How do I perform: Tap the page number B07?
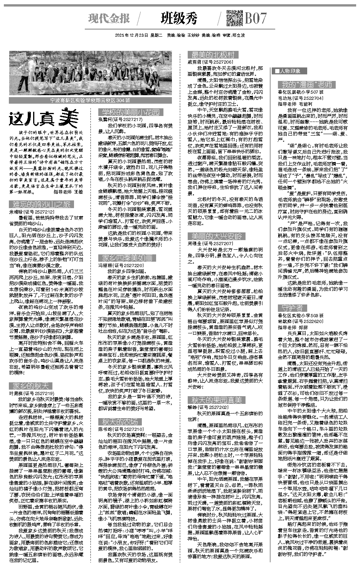pos(256,18)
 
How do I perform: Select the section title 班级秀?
pos(179,18)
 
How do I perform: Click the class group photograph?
pos(91,74)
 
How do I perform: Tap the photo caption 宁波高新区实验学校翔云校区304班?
pos(91,100)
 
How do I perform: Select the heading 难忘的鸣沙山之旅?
pos(40,204)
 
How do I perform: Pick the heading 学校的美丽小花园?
pos(130,112)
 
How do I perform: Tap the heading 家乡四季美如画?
pos(127,258)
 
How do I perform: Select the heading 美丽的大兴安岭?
pos(216,236)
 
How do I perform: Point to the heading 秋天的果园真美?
pos(216,400)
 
